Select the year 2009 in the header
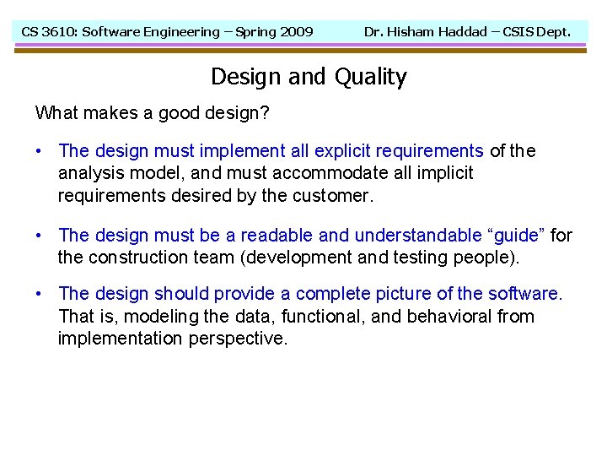(296, 32)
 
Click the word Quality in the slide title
(370, 77)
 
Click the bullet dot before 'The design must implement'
(40, 151)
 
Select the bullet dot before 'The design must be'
(40, 236)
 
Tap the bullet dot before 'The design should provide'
(40, 294)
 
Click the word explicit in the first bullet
(342, 151)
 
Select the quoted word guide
(518, 236)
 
